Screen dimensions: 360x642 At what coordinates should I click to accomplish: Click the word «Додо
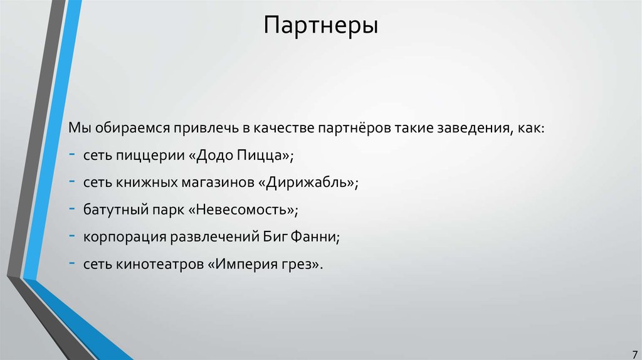[x=211, y=155]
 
